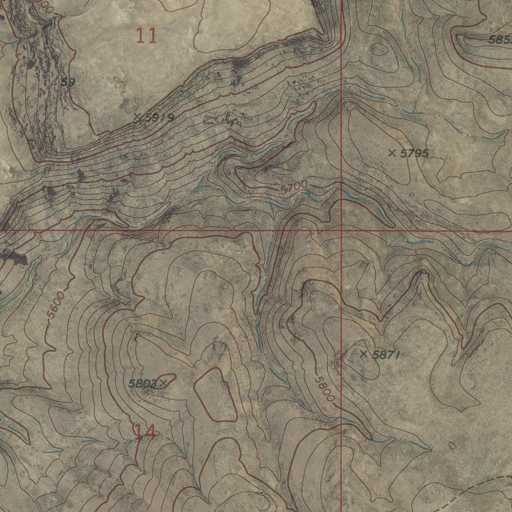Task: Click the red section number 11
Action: click(146, 35)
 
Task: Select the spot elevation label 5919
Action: click(159, 118)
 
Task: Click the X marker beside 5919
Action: click(137, 116)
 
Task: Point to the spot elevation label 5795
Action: click(415, 153)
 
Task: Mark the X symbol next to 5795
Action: click(392, 152)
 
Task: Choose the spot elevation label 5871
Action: click(388, 355)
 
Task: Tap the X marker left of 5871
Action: click(364, 354)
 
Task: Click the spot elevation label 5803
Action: click(142, 384)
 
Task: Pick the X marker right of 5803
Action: click(162, 383)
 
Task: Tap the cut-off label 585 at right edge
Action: click(500, 40)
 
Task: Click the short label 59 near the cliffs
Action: click(67, 82)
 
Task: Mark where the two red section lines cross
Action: click(341, 230)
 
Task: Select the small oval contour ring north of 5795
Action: click(379, 49)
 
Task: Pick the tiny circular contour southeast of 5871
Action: click(452, 445)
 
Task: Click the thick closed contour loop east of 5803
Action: click(215, 395)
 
